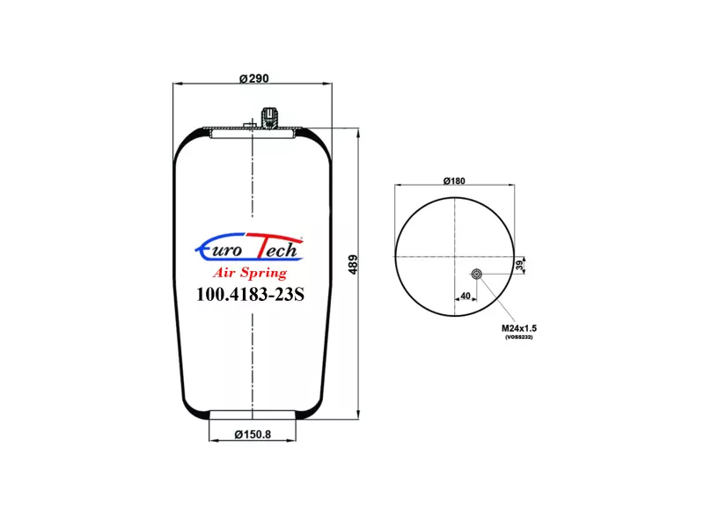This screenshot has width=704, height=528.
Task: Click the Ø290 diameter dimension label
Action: tap(253, 78)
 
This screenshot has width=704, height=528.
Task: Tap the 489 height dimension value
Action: tap(354, 265)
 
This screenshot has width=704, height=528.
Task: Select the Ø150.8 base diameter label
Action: tap(253, 435)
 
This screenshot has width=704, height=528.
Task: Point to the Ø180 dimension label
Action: tap(454, 181)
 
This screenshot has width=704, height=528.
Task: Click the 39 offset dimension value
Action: tap(520, 265)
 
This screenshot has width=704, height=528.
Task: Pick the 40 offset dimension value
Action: tap(466, 296)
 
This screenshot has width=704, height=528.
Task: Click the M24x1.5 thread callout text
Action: tap(519, 328)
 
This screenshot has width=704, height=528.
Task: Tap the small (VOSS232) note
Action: tap(518, 337)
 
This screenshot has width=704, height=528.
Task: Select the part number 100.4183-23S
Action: tap(250, 295)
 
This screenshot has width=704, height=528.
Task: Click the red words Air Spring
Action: tap(250, 273)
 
